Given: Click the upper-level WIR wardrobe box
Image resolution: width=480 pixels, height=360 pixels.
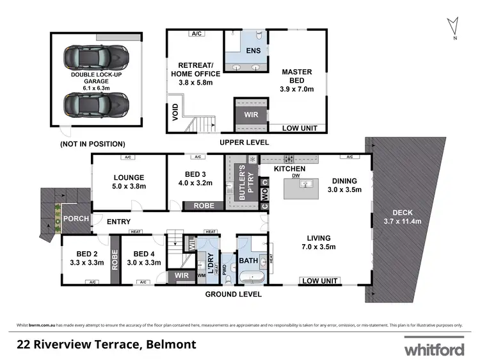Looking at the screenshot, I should [x=248, y=115].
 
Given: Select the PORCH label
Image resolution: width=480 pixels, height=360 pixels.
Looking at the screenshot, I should [x=76, y=218].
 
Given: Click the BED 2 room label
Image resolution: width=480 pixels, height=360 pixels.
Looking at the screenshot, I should [x=84, y=257].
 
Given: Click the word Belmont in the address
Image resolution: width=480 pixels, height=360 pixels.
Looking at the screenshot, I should [x=169, y=345].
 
